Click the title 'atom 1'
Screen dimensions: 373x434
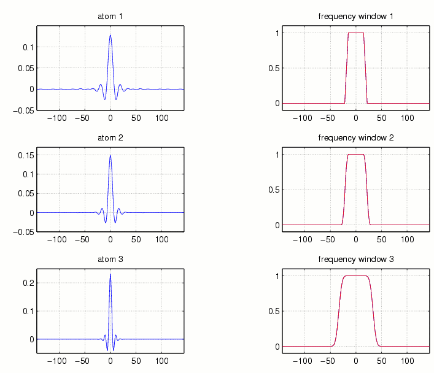click(110, 17)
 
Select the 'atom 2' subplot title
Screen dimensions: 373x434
click(110, 137)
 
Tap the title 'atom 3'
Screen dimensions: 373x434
click(110, 260)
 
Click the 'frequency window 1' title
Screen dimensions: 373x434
click(356, 17)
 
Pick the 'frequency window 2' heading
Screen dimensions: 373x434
click(356, 137)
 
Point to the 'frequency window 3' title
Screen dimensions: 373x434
click(356, 260)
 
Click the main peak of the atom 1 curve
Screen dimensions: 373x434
click(110, 35)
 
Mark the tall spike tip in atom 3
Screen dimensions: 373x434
click(110, 274)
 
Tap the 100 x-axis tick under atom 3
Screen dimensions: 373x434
click(161, 360)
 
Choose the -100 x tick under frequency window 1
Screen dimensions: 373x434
click(304, 117)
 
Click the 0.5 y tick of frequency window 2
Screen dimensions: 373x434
click(273, 190)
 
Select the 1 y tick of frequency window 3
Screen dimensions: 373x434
click(277, 276)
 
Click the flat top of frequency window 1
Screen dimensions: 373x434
click(356, 33)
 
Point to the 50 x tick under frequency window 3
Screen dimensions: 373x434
click(381, 360)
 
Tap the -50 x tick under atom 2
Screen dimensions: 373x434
click(84, 239)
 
